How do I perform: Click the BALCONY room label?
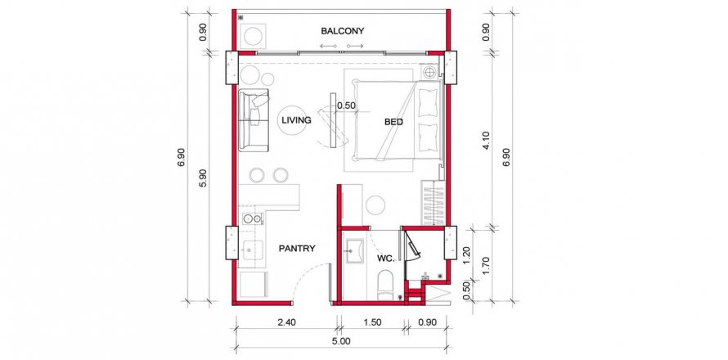point(342,31)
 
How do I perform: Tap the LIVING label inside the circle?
point(296,120)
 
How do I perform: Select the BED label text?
point(393,122)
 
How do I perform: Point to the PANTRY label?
point(297,249)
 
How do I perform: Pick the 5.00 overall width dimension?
point(341,341)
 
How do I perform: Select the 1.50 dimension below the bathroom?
point(372,322)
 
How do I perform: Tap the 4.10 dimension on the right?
point(486,141)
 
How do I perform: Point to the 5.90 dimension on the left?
point(201,178)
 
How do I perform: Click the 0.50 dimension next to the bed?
point(346,106)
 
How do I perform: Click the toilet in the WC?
point(385,286)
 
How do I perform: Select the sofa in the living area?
point(254,120)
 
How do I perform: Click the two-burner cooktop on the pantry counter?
point(252,218)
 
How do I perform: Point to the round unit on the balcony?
point(253,36)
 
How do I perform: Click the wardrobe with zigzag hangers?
point(433,203)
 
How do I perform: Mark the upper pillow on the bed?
point(428,102)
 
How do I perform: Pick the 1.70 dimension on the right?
point(486,263)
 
